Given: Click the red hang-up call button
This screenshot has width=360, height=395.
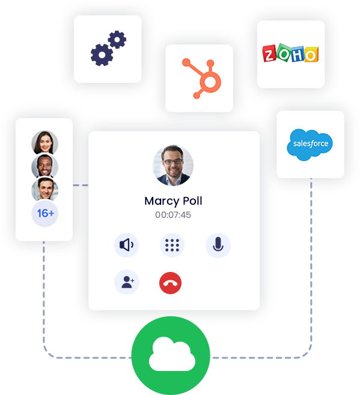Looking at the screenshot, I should pyautogui.click(x=170, y=282).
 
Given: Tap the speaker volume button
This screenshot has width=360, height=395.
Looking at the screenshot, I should pyautogui.click(x=127, y=245).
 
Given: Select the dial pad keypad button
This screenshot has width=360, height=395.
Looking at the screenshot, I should pyautogui.click(x=172, y=245).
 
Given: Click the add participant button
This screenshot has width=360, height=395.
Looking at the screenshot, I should pyautogui.click(x=127, y=282).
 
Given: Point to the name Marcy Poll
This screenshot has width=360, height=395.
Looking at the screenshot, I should pyautogui.click(x=173, y=201).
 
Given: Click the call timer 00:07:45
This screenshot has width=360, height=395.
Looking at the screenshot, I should pyautogui.click(x=173, y=214).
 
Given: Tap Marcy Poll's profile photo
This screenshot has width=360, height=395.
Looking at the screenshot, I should pyautogui.click(x=173, y=165).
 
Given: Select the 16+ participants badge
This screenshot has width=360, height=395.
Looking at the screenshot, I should pyautogui.click(x=44, y=214).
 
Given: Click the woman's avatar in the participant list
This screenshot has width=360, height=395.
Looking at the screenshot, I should pyautogui.click(x=44, y=143).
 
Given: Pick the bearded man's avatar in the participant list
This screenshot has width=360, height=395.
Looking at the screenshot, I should pyautogui.click(x=44, y=166).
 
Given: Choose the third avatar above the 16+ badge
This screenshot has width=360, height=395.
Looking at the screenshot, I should pyautogui.click(x=44, y=190).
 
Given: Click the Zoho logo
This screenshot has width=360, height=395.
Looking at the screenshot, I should pyautogui.click(x=290, y=55).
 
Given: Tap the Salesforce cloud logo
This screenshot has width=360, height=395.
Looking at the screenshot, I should pyautogui.click(x=310, y=144).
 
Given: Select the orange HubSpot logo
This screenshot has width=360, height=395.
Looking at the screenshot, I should pyautogui.click(x=199, y=78).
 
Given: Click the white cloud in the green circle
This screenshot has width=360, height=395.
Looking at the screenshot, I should pyautogui.click(x=171, y=355).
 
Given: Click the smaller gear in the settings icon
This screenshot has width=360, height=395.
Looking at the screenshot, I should pyautogui.click(x=117, y=40).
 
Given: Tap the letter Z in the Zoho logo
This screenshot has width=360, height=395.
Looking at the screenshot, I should pyautogui.click(x=270, y=54).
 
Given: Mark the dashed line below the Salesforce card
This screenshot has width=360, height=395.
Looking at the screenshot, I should pyautogui.click(x=311, y=240).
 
